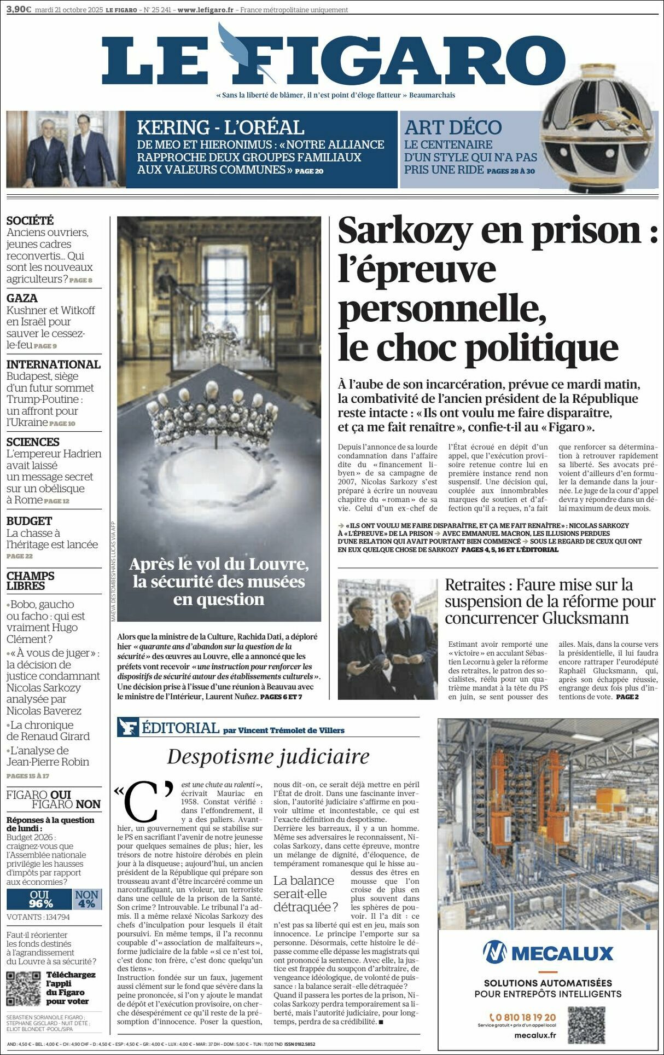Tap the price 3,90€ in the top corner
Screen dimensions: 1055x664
pos(18,9)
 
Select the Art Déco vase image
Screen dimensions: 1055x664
pos(599,142)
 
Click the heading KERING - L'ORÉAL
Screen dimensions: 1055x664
pos(220,127)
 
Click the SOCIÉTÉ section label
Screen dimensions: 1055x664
pos(30,221)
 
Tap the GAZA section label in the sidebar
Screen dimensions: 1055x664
pos(22,298)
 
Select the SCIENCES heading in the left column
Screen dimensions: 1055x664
pos(33,442)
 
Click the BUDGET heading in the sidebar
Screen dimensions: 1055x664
pos(29,521)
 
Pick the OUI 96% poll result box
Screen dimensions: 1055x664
pos(39,899)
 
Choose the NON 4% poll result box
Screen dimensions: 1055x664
pos(86,899)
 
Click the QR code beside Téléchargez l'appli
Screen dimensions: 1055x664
pos(24,988)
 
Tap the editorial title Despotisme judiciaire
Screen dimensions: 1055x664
pos(268,756)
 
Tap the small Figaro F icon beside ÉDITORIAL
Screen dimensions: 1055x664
pos(128,728)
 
